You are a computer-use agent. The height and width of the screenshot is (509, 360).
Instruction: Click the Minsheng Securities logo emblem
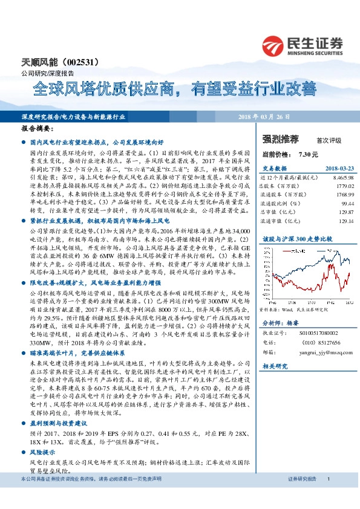point(274,45)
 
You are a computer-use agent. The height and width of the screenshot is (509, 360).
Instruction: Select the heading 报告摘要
point(37,129)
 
